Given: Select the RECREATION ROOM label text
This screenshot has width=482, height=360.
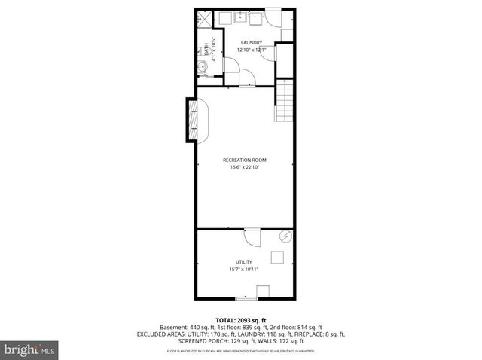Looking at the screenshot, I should point(244,160).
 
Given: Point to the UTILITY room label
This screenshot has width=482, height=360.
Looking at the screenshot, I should point(243,262).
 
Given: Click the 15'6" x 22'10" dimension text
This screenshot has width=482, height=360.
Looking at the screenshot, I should point(244,167).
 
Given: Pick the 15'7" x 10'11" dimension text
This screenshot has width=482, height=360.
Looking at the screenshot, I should point(243,270).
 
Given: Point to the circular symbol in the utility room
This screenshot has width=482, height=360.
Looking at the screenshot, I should point(286,236).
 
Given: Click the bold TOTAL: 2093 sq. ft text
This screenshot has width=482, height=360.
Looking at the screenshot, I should point(241,319).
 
